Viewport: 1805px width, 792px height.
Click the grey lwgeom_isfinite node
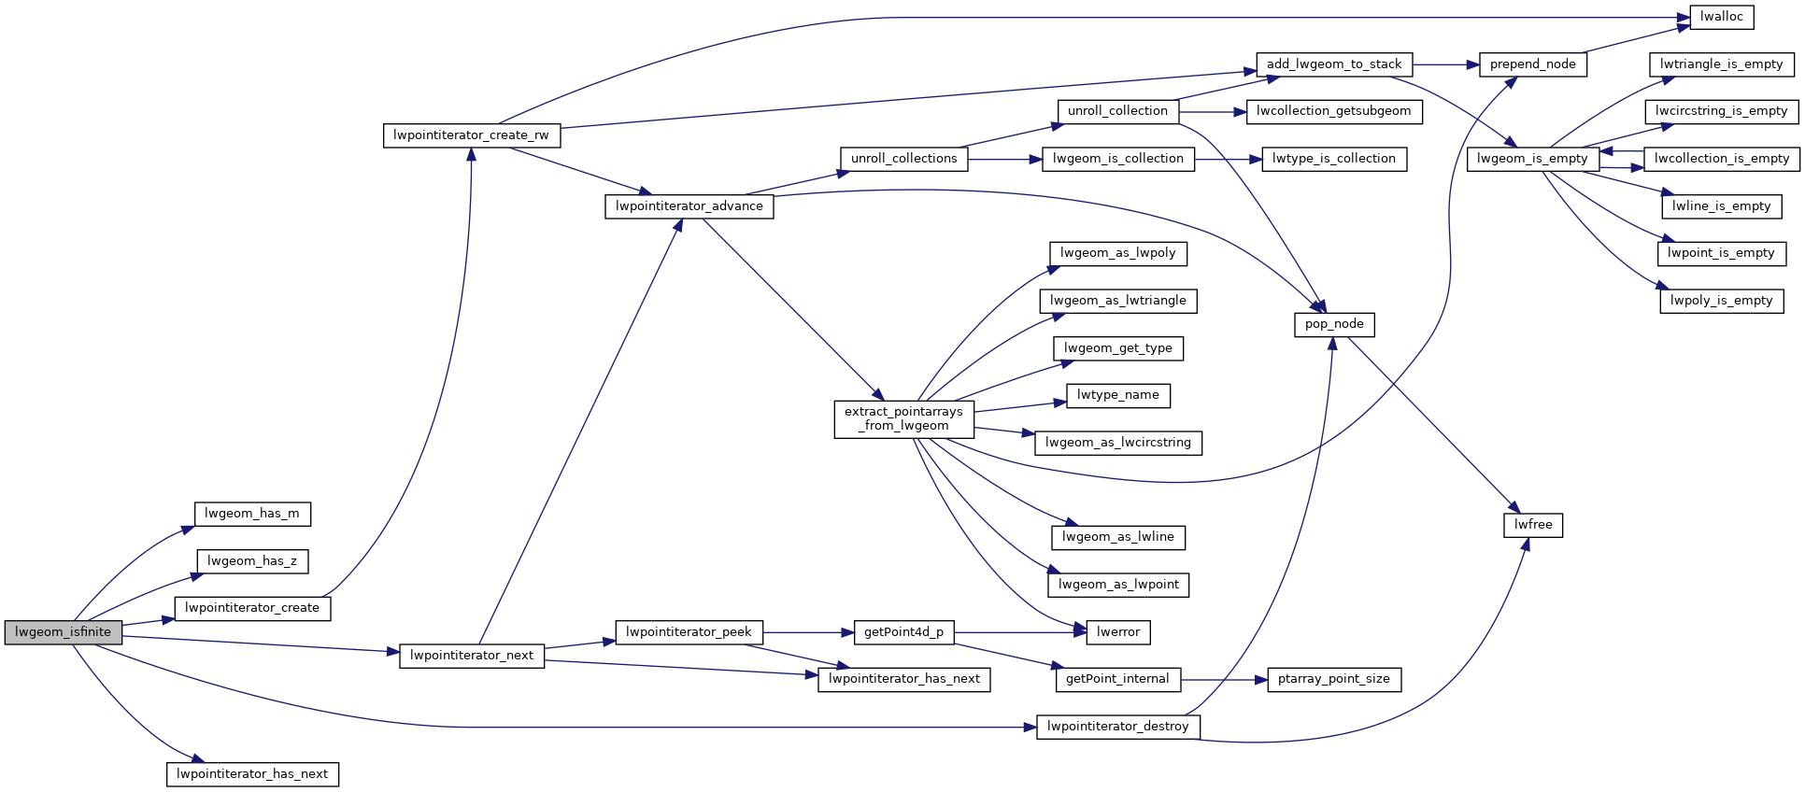point(63,632)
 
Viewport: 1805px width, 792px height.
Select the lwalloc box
point(1721,17)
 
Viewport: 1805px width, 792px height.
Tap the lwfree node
point(1533,525)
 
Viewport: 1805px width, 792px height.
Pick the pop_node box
point(1334,324)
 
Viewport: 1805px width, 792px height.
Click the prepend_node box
point(1532,64)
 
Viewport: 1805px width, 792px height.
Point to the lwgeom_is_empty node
point(1532,159)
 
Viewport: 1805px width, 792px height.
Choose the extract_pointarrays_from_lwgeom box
point(903,418)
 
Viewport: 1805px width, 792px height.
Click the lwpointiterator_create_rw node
point(471,135)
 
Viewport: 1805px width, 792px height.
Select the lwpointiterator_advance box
point(689,206)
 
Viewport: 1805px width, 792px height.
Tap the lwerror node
point(1118,632)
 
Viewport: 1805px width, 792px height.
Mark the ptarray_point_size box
point(1333,679)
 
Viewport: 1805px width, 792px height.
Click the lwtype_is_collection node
point(1333,159)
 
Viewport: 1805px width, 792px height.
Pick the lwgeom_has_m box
point(252,514)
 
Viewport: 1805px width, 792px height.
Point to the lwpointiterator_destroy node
point(1117,727)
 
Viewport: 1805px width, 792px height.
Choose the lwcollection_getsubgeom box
point(1333,111)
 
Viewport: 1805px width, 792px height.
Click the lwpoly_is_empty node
point(1721,301)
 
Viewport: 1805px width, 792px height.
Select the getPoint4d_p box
point(903,632)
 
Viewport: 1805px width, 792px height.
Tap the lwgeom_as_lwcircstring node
point(1117,443)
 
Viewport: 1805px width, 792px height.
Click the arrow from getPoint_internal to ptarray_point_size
point(1224,680)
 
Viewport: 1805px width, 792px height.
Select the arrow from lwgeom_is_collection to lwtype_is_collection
point(1228,160)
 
